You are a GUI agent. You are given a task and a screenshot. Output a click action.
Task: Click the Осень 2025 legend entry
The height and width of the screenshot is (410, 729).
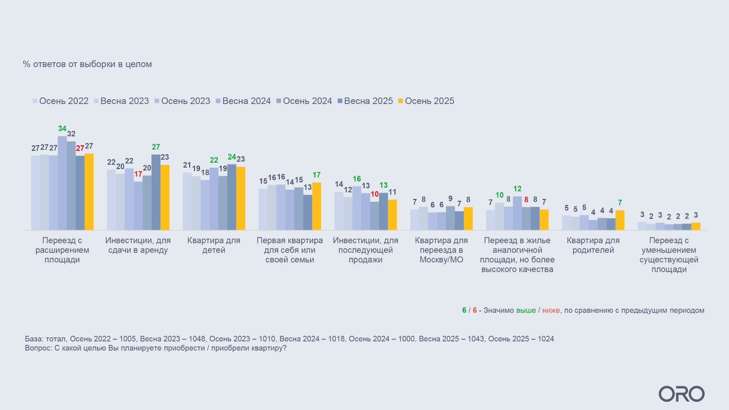point(426,101)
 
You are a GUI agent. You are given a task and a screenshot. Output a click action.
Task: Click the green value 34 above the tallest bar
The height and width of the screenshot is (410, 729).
point(62,128)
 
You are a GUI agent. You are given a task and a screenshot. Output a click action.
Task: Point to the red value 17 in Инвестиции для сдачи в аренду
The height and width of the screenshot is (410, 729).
point(138,174)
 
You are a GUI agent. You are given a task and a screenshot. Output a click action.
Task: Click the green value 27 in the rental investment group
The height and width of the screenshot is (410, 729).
point(156,147)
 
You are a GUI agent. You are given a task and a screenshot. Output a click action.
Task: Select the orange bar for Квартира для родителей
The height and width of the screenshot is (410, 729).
point(620,220)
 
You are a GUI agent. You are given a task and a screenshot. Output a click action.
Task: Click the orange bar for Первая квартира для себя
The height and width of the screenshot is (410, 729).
point(316,206)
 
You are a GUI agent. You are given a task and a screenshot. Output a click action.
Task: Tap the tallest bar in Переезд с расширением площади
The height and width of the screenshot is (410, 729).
point(62,183)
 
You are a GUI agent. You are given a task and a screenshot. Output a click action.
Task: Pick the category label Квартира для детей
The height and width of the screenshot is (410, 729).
point(214,245)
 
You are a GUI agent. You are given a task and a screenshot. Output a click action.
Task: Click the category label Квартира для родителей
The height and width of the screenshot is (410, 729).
point(593,245)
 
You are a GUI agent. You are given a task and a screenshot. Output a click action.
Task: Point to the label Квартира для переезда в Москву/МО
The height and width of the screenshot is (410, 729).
point(441,250)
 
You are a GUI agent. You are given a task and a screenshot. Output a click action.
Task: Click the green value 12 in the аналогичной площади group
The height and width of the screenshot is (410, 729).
point(517,189)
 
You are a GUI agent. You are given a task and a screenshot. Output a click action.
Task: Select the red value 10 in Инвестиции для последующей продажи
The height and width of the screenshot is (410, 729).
point(375,194)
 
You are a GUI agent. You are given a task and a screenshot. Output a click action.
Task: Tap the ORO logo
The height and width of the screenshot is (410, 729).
point(681,394)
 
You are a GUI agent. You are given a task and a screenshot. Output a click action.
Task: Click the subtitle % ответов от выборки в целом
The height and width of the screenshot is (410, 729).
point(87,64)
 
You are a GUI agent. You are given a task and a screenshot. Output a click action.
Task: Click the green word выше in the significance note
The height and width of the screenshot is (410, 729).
point(526,310)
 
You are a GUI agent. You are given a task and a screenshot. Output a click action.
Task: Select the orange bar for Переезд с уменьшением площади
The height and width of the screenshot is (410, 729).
point(696,226)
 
